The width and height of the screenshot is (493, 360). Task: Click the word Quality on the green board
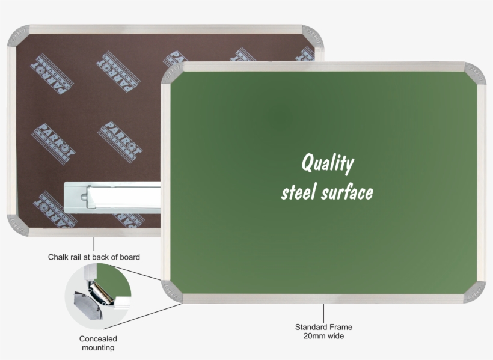[328, 163]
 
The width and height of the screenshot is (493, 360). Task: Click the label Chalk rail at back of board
[94, 257]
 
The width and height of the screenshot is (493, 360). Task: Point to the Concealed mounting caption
[97, 343]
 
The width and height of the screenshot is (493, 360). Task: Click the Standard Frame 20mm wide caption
[323, 331]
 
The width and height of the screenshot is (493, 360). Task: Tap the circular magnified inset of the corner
[97, 294]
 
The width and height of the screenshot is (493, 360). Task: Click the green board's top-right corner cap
[475, 73]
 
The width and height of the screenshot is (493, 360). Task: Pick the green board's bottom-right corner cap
[474, 291]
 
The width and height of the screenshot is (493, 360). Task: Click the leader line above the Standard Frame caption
[323, 312]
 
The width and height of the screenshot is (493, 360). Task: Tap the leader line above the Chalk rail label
[94, 243]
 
